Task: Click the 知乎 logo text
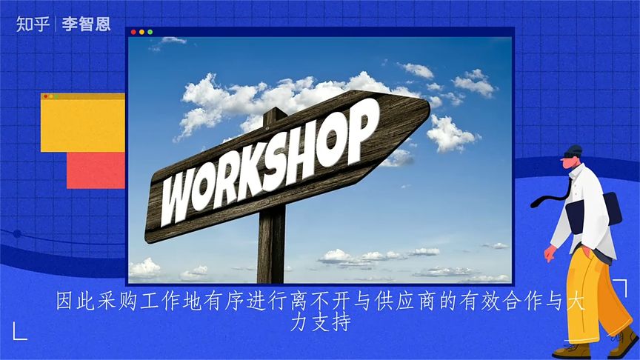click(x=33, y=24)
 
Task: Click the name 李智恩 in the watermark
click(x=86, y=24)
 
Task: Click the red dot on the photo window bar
click(x=133, y=33)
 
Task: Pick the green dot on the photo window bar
click(x=150, y=33)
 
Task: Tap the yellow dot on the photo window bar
click(x=141, y=33)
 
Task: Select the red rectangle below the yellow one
click(x=95, y=170)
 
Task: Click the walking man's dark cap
click(x=573, y=150)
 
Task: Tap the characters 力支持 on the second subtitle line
click(x=320, y=324)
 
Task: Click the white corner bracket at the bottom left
click(x=19, y=333)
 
